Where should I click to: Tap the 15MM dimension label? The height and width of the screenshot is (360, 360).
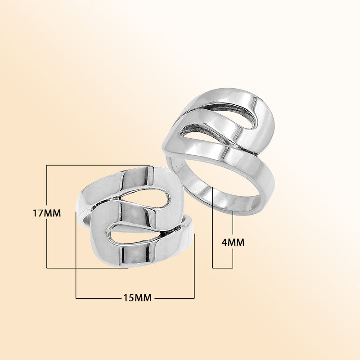tap(137, 297)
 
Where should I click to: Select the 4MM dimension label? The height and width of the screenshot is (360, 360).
tap(233, 243)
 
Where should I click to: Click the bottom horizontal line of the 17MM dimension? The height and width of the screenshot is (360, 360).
tap(85, 268)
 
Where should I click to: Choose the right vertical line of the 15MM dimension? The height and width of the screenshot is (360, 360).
tap(194, 265)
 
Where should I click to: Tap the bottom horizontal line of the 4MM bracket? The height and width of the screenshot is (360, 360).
tap(222, 268)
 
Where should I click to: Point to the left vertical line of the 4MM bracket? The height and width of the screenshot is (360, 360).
tap(212, 229)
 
